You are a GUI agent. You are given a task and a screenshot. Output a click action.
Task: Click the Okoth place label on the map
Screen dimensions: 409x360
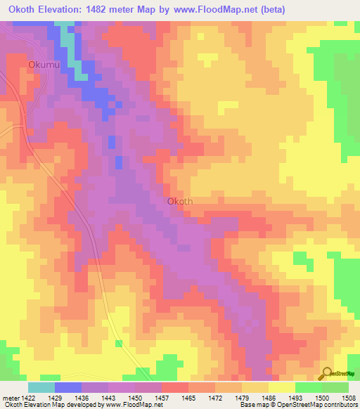click(180, 201)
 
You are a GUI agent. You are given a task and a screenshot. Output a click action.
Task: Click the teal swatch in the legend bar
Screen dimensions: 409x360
click(41, 387)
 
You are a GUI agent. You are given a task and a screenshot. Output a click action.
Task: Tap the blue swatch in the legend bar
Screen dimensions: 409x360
click(67, 387)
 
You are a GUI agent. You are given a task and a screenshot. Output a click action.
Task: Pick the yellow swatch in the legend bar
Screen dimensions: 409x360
click(281, 387)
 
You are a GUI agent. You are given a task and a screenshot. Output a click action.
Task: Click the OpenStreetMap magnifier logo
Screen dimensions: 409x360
click(327, 373)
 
